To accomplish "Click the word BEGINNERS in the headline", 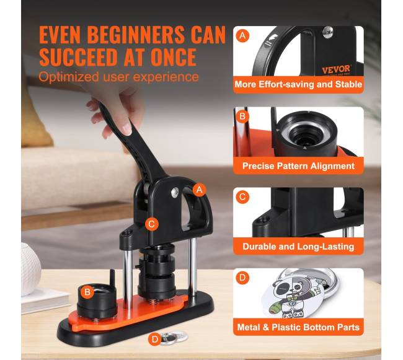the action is coord(136,35).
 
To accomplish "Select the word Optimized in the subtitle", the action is coord(69,77).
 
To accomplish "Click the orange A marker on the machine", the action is coord(199,190).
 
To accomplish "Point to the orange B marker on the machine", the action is coord(87,292).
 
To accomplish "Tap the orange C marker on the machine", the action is coord(152,224).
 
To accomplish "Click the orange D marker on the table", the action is coord(155,339).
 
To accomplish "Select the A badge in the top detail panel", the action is coord(242,36).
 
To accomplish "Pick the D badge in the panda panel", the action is coord(242,278).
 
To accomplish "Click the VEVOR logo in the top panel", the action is coord(336,69).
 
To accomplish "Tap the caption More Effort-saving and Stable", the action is coord(298,84).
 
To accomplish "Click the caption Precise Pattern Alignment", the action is coord(298,166).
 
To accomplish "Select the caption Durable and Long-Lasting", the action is coord(298,247).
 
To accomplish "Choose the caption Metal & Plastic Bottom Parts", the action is coord(298,327).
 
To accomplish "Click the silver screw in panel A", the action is coord(328,32).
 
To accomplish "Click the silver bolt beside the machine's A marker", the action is coord(175,191).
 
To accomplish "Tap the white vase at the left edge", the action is coord(30,269).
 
